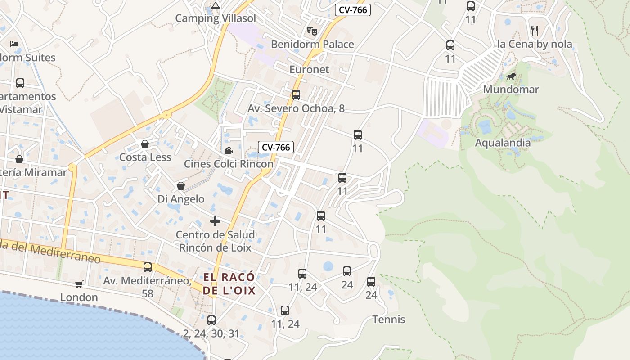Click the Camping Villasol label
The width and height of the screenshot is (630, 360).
215,18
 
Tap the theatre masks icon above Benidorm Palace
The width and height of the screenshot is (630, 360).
312,31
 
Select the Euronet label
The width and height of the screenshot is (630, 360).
309,70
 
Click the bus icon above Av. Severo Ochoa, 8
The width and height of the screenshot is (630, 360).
296,95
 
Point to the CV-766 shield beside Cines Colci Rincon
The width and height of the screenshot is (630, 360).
276,147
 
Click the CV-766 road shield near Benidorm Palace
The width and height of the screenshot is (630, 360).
352,9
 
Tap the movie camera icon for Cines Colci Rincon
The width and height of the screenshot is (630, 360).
228,150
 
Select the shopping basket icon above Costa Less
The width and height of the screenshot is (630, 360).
145,144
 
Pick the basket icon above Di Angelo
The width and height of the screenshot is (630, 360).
181,186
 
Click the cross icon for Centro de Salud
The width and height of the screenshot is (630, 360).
215,221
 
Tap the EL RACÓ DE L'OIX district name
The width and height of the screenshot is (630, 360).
229,283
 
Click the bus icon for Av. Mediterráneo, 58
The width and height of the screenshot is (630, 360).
148,267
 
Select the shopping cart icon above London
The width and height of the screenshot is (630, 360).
79,284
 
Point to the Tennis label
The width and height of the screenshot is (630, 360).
389,319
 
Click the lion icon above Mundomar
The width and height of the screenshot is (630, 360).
511,76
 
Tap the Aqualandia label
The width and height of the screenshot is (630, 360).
503,143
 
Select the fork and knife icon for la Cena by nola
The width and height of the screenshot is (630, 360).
535,31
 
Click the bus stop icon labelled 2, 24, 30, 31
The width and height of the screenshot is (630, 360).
211,320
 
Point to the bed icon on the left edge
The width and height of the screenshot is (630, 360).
14,44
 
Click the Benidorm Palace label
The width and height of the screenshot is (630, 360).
312,45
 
